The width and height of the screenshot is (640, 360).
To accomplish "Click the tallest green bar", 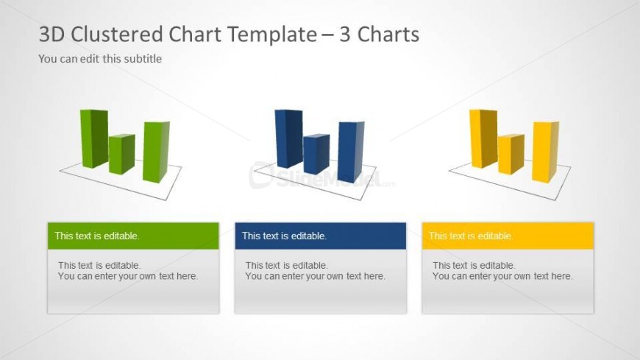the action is (94, 138).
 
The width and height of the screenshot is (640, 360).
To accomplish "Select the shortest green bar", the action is (121, 154).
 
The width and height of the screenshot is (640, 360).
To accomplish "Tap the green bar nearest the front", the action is (156, 152).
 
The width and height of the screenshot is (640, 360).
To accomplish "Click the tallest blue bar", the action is (288, 138).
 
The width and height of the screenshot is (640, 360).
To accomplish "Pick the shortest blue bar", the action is (316, 154).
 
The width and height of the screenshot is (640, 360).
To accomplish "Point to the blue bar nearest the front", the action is (351, 152).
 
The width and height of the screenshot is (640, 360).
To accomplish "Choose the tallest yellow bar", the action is (483, 138).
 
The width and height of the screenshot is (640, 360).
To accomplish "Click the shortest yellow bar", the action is (511, 154).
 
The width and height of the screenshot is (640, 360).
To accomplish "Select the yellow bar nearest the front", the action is (545, 152).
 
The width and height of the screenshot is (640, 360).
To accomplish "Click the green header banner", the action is (133, 236).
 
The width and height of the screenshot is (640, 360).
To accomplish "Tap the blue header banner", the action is (321, 236).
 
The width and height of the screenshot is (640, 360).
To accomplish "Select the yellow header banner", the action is (508, 236).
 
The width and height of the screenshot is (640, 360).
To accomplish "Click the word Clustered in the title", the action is (117, 34).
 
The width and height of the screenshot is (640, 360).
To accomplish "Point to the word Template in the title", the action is (243, 35).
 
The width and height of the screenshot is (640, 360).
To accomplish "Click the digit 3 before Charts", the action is (345, 35).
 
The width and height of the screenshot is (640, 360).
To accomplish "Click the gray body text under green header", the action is (128, 270).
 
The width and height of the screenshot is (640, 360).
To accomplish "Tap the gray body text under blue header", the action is (315, 270).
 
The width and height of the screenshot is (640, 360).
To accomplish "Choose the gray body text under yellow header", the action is (502, 270).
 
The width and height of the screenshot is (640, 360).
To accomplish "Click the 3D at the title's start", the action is (51, 35).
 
